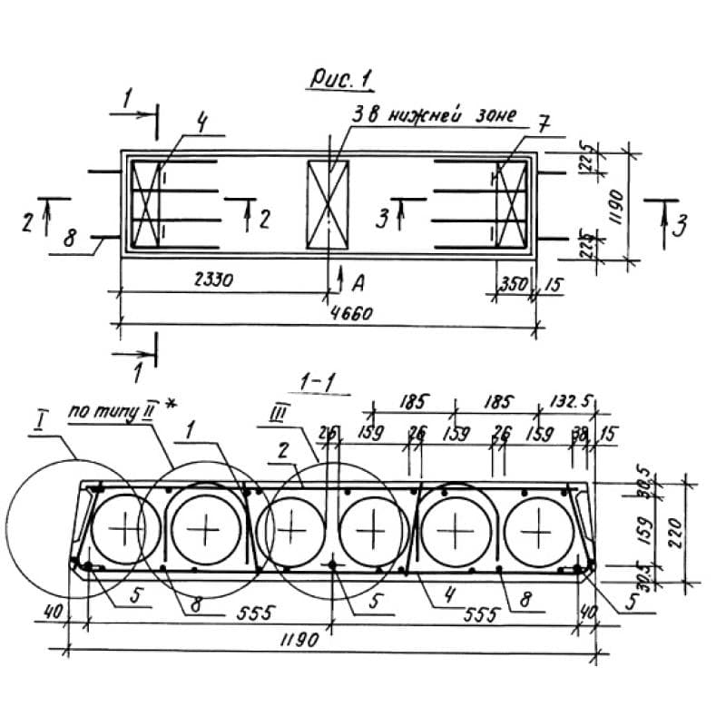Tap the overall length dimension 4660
350,313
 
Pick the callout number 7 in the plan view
543,124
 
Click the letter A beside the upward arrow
358,284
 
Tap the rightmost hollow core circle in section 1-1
541,528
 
